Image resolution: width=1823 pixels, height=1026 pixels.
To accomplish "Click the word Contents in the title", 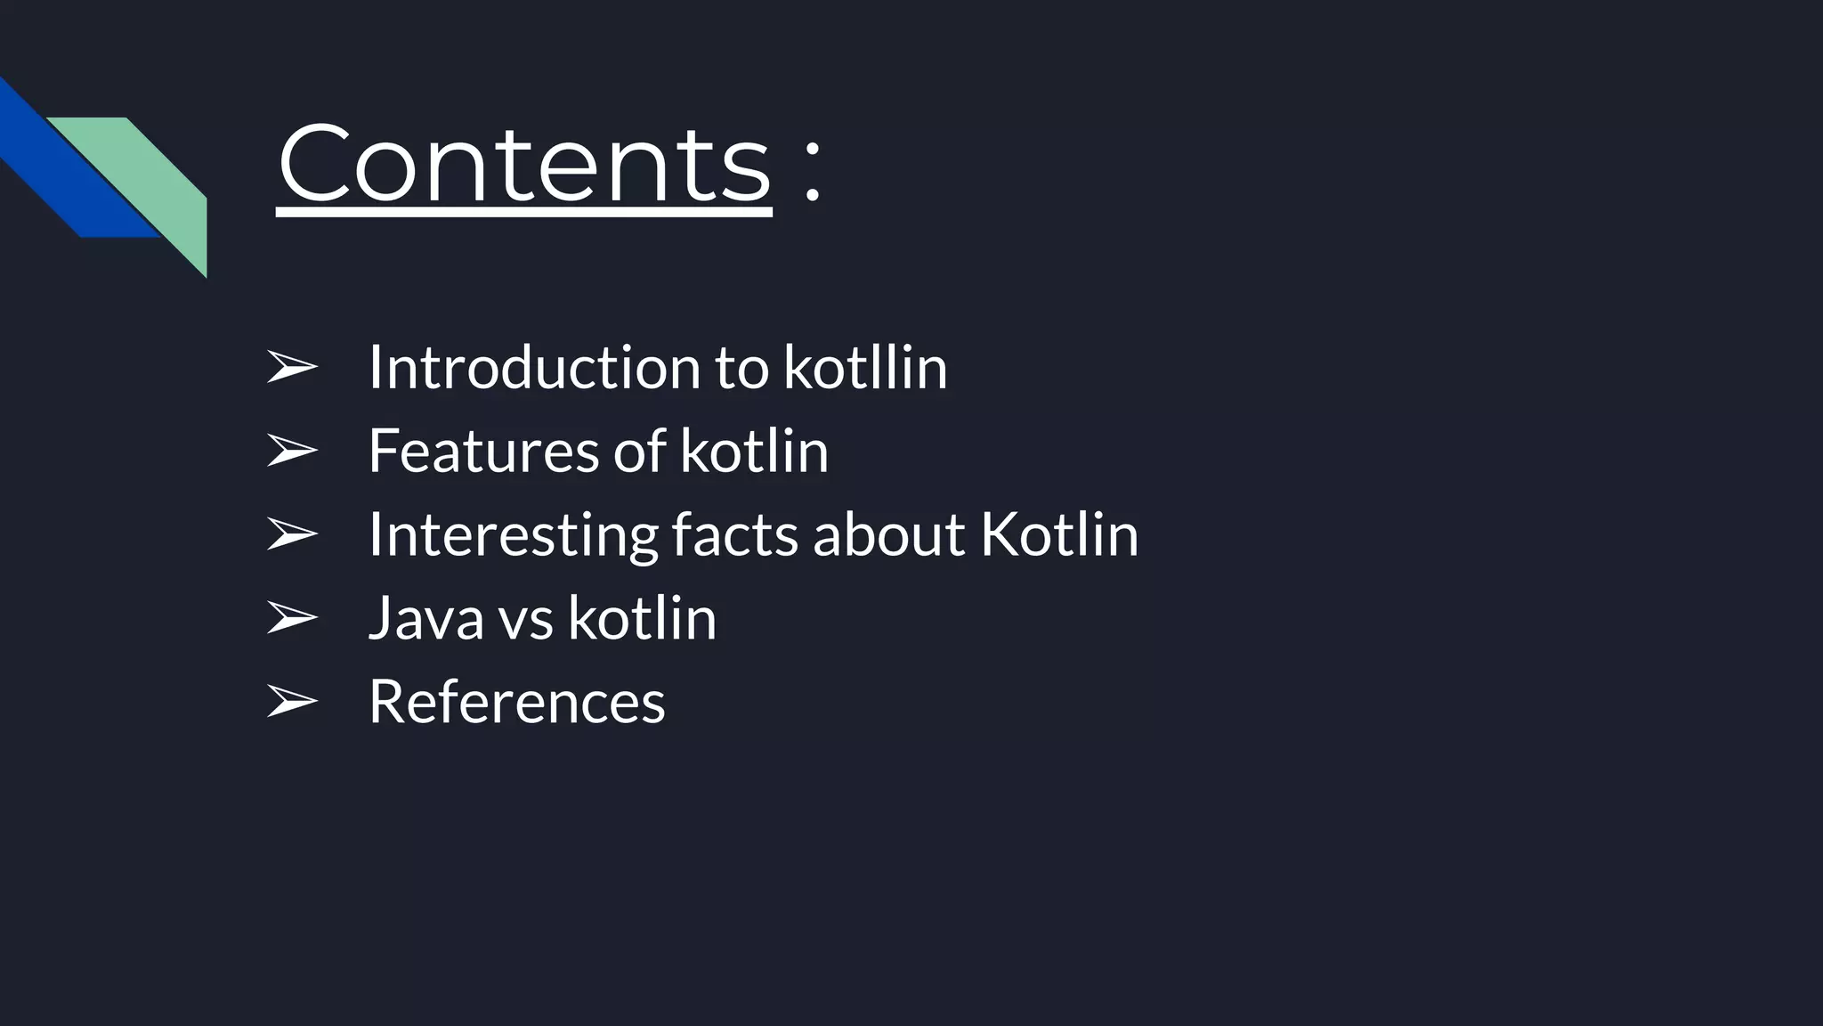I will click(x=524, y=165).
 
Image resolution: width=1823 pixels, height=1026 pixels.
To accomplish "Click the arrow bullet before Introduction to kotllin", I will click(x=292, y=367).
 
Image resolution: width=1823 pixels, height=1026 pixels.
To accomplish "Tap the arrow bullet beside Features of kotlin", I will click(x=292, y=451).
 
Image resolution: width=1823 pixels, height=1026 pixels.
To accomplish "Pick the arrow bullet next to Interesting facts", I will click(x=292, y=534).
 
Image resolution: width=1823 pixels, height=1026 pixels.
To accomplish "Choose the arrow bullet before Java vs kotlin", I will click(x=292, y=617).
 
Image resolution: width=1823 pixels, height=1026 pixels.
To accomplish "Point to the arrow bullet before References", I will click(x=292, y=701).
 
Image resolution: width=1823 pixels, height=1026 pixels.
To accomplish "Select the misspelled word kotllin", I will click(x=865, y=367).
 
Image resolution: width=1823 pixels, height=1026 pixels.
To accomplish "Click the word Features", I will click(x=483, y=451).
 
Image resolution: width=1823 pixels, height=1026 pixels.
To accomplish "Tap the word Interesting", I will click(x=513, y=534).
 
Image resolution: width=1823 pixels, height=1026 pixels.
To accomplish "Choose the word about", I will click(x=888, y=534).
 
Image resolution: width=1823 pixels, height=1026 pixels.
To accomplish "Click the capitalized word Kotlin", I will click(x=1059, y=534).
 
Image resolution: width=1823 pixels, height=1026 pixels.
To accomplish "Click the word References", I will click(x=516, y=701).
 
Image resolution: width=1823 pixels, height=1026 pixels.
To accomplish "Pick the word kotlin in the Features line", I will click(x=754, y=451).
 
